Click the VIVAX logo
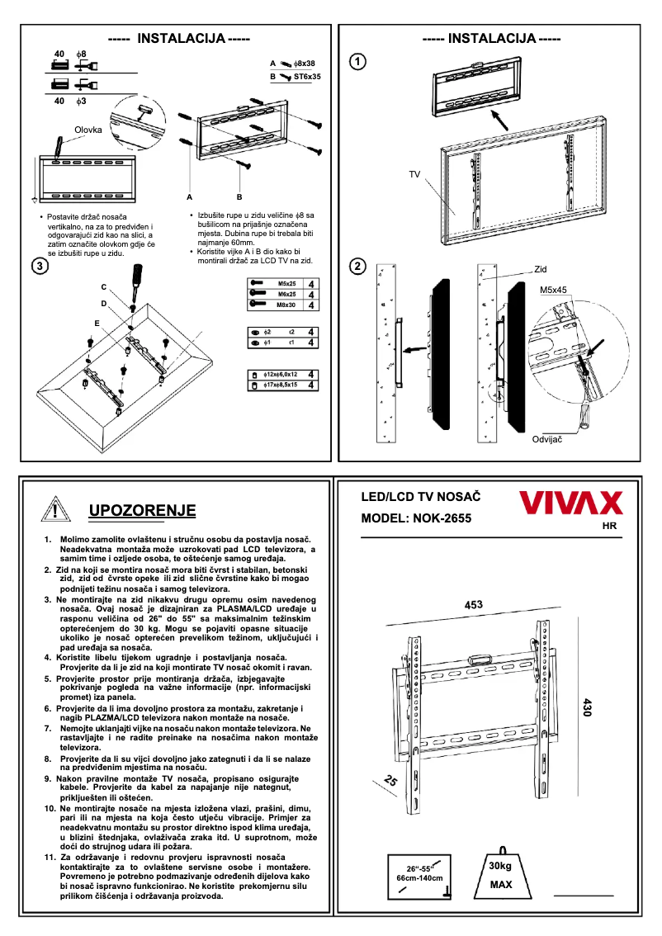pyautogui.click(x=570, y=503)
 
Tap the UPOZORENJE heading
pyautogui.click(x=142, y=510)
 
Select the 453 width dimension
pyautogui.click(x=473, y=605)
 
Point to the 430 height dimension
pyautogui.click(x=588, y=707)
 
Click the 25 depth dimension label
pyautogui.click(x=390, y=781)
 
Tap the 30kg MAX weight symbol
pyautogui.click(x=500, y=873)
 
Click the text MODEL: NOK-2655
pyautogui.click(x=416, y=520)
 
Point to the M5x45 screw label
pyautogui.click(x=554, y=291)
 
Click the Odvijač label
pyautogui.click(x=548, y=439)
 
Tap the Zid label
pyautogui.click(x=541, y=269)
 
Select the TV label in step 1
pyautogui.click(x=414, y=175)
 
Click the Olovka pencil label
pyautogui.click(x=88, y=130)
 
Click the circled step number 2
pyautogui.click(x=357, y=266)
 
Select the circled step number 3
pyautogui.click(x=38, y=266)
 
